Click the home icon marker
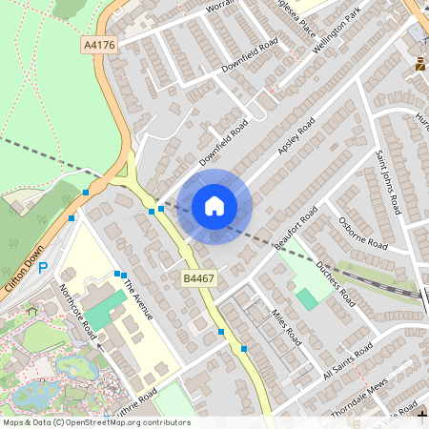click(214, 206)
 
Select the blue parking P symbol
click(42, 268)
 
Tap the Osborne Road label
click(362, 235)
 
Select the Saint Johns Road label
click(392, 181)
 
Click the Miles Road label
click(286, 327)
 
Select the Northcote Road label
click(77, 310)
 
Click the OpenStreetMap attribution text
click(95, 422)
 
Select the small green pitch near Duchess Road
click(307, 298)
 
